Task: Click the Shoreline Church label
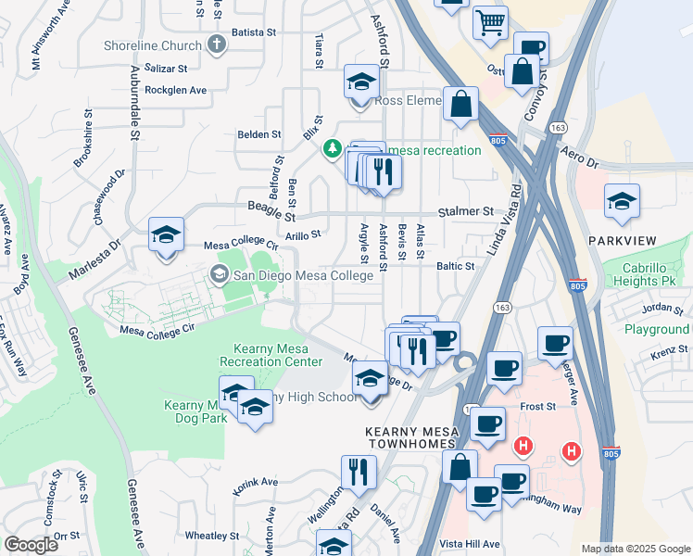(155, 45)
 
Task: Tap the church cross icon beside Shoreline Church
(217, 44)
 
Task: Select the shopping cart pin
(490, 21)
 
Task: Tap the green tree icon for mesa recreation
(333, 149)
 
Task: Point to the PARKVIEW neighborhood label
(622, 241)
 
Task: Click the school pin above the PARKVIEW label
(622, 202)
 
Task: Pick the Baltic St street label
(455, 266)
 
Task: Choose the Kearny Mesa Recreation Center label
(272, 355)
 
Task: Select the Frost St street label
(537, 406)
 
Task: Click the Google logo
(31, 545)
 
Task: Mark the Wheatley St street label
(212, 536)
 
